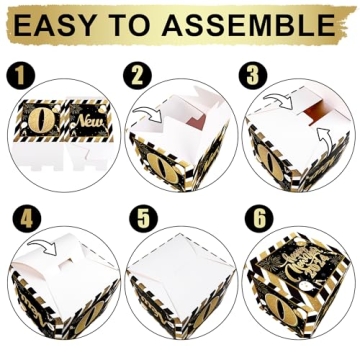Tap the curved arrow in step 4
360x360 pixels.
pyautogui.click(x=41, y=243)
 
